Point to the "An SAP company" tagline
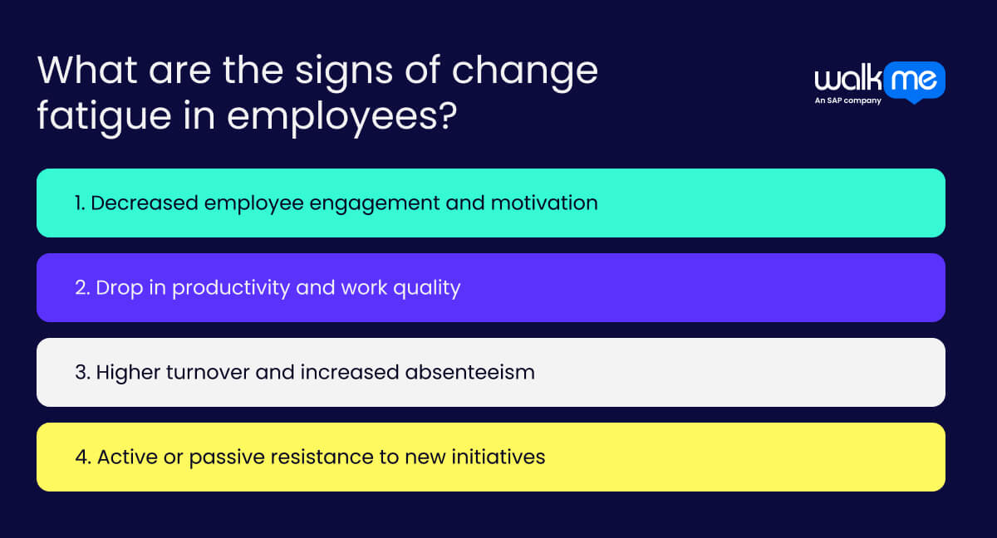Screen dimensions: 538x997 pyautogui.click(x=847, y=101)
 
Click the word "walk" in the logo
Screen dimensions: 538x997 pyautogui.click(x=847, y=81)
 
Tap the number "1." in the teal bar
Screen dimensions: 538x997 pyautogui.click(x=80, y=203)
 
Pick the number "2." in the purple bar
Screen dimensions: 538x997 pyautogui.click(x=82, y=287)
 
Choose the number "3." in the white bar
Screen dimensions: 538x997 pyautogui.click(x=82, y=372)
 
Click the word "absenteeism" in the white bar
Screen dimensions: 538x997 pyautogui.click(x=469, y=372)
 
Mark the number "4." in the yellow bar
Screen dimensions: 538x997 pyautogui.click(x=83, y=457)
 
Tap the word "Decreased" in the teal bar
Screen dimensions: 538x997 pyautogui.click(x=137, y=203)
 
